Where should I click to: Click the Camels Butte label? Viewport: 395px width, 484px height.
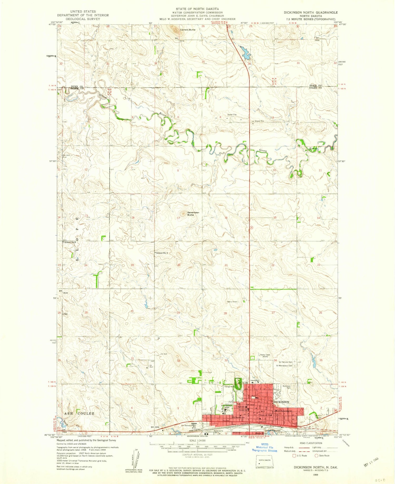[x=187, y=30]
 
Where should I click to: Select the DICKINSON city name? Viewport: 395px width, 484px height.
[x=281, y=402]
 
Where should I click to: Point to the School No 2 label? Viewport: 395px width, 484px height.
[x=162, y=253]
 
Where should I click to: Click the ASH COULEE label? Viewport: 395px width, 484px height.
[x=78, y=414]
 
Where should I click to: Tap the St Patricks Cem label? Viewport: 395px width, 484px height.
[x=284, y=362]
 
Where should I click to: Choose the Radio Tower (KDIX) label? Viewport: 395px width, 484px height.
[x=265, y=356]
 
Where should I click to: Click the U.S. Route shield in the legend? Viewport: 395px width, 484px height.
[x=295, y=456]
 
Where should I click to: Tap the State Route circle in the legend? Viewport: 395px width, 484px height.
[x=316, y=456]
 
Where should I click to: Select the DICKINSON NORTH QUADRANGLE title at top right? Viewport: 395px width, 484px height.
[x=310, y=12]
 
